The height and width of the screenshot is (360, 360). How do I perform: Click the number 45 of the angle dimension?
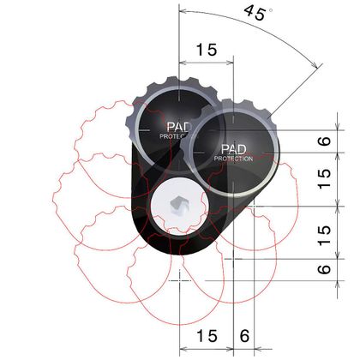pyautogui.click(x=255, y=14)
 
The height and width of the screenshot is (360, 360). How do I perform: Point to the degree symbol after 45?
pyautogui.click(x=270, y=10)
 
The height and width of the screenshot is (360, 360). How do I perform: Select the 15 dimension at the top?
pyautogui.click(x=207, y=50)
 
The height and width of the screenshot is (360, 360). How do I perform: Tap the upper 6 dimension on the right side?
pyautogui.click(x=324, y=141)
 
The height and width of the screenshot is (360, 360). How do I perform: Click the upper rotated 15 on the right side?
pyautogui.click(x=324, y=179)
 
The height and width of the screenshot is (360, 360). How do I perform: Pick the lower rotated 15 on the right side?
pyautogui.click(x=324, y=236)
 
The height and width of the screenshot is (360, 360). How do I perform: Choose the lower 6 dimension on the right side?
pyautogui.click(x=324, y=269)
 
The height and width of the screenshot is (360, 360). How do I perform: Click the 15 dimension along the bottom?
pyautogui.click(x=207, y=336)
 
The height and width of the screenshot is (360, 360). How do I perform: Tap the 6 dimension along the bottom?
pyautogui.click(x=244, y=336)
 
